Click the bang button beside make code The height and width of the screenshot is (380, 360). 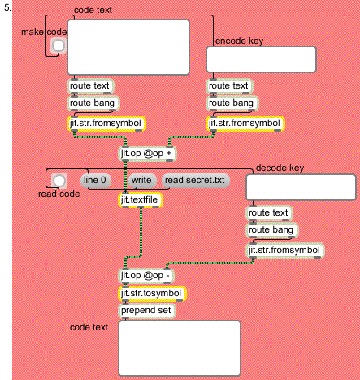(x=59, y=46)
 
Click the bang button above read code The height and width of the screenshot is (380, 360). (x=59, y=181)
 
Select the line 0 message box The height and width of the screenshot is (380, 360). (x=96, y=180)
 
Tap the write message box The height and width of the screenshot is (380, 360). (x=142, y=180)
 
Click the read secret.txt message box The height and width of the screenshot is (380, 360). (x=196, y=180)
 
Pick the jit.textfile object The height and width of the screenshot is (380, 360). (x=141, y=200)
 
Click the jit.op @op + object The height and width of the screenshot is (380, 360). (x=147, y=154)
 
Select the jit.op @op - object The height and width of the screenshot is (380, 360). (x=146, y=276)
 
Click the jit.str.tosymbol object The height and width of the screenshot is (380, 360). (x=152, y=294)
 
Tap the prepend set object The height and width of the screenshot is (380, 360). (x=147, y=311)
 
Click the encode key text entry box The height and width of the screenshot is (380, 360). (x=262, y=59)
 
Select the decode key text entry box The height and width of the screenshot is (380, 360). (x=301, y=187)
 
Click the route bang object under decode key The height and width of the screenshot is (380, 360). (x=272, y=230)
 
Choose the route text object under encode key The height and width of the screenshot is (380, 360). (x=229, y=86)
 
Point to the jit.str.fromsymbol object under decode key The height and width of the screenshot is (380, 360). (x=285, y=251)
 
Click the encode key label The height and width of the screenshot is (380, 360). (x=239, y=41)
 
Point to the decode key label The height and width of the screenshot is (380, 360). (x=280, y=168)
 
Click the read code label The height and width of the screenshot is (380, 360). (x=59, y=194)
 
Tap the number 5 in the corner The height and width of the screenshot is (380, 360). (x=7, y=7)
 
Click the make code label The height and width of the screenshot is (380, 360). (x=44, y=32)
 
